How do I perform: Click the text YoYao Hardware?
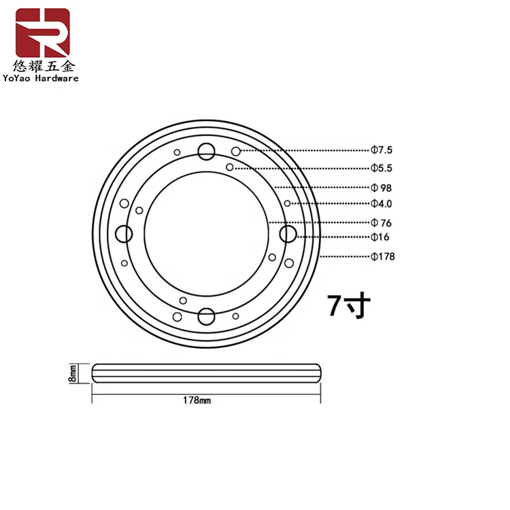[41, 78]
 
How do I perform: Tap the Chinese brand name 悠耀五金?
[42, 66]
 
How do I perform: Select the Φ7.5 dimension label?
[383, 150]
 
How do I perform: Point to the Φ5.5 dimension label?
[383, 168]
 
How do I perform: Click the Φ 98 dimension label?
[381, 187]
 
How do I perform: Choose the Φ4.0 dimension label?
[382, 203]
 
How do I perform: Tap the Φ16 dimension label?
[380, 237]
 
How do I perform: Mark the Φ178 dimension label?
[383, 256]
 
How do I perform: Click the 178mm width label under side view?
[198, 401]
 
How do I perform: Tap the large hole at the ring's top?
[205, 151]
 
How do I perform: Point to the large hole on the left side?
[123, 234]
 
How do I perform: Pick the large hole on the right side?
[288, 233]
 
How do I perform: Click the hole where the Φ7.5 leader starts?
[235, 150]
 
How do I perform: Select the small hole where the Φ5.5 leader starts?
[230, 167]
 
